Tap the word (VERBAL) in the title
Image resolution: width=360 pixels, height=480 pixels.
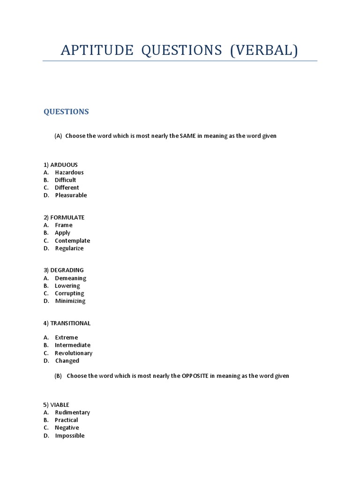coord(263,50)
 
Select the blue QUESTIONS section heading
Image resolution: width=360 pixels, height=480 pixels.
coord(66,112)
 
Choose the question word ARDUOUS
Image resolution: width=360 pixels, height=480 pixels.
coord(64,165)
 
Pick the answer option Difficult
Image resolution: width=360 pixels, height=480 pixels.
coord(65,180)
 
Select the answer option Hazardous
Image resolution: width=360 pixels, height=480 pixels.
coord(69,172)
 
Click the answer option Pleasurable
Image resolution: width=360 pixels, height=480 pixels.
coord(71,195)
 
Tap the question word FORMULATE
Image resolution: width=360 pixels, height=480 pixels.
coord(67,217)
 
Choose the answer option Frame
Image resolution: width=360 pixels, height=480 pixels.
coord(64,225)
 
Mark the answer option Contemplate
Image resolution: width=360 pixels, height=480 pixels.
coord(72,240)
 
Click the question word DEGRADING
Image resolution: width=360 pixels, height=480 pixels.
coord(67,270)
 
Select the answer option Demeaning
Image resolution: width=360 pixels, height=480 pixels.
coord(71,278)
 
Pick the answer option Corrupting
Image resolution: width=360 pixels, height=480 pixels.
coord(69,293)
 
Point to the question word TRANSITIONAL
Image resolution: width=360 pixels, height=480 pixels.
coord(70,323)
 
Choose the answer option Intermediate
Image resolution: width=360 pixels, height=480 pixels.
coord(73,345)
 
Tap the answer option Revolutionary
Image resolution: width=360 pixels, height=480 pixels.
coord(74,353)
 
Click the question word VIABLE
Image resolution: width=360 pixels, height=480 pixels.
coord(60,405)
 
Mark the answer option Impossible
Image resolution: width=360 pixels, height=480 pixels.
coord(70,435)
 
